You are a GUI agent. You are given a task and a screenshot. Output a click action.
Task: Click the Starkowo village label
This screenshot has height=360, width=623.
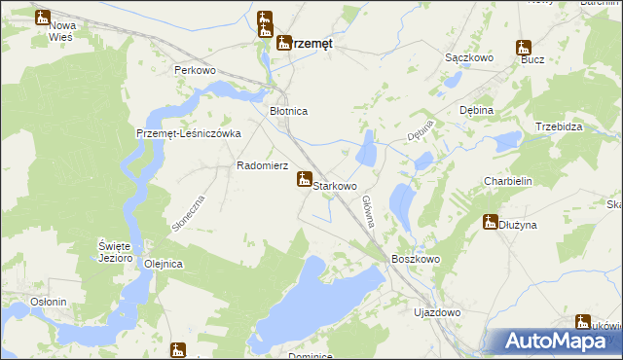(335, 185)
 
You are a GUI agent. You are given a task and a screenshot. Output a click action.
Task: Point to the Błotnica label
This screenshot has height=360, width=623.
(288, 112)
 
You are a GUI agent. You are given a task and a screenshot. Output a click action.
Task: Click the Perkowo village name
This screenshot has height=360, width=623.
(194, 71)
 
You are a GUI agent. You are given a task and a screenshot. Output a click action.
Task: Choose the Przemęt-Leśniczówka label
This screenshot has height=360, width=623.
(188, 134)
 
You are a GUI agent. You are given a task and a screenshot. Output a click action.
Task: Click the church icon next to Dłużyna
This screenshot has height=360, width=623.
(491, 222)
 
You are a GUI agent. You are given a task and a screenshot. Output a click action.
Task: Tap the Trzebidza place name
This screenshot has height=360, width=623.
(559, 127)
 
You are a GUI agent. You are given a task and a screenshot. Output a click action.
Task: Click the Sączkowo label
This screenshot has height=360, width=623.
(469, 58)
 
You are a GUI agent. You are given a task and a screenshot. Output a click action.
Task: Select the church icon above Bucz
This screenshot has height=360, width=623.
(524, 47)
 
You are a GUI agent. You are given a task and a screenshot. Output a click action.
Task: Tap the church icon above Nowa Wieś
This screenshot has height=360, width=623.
(43, 17)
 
